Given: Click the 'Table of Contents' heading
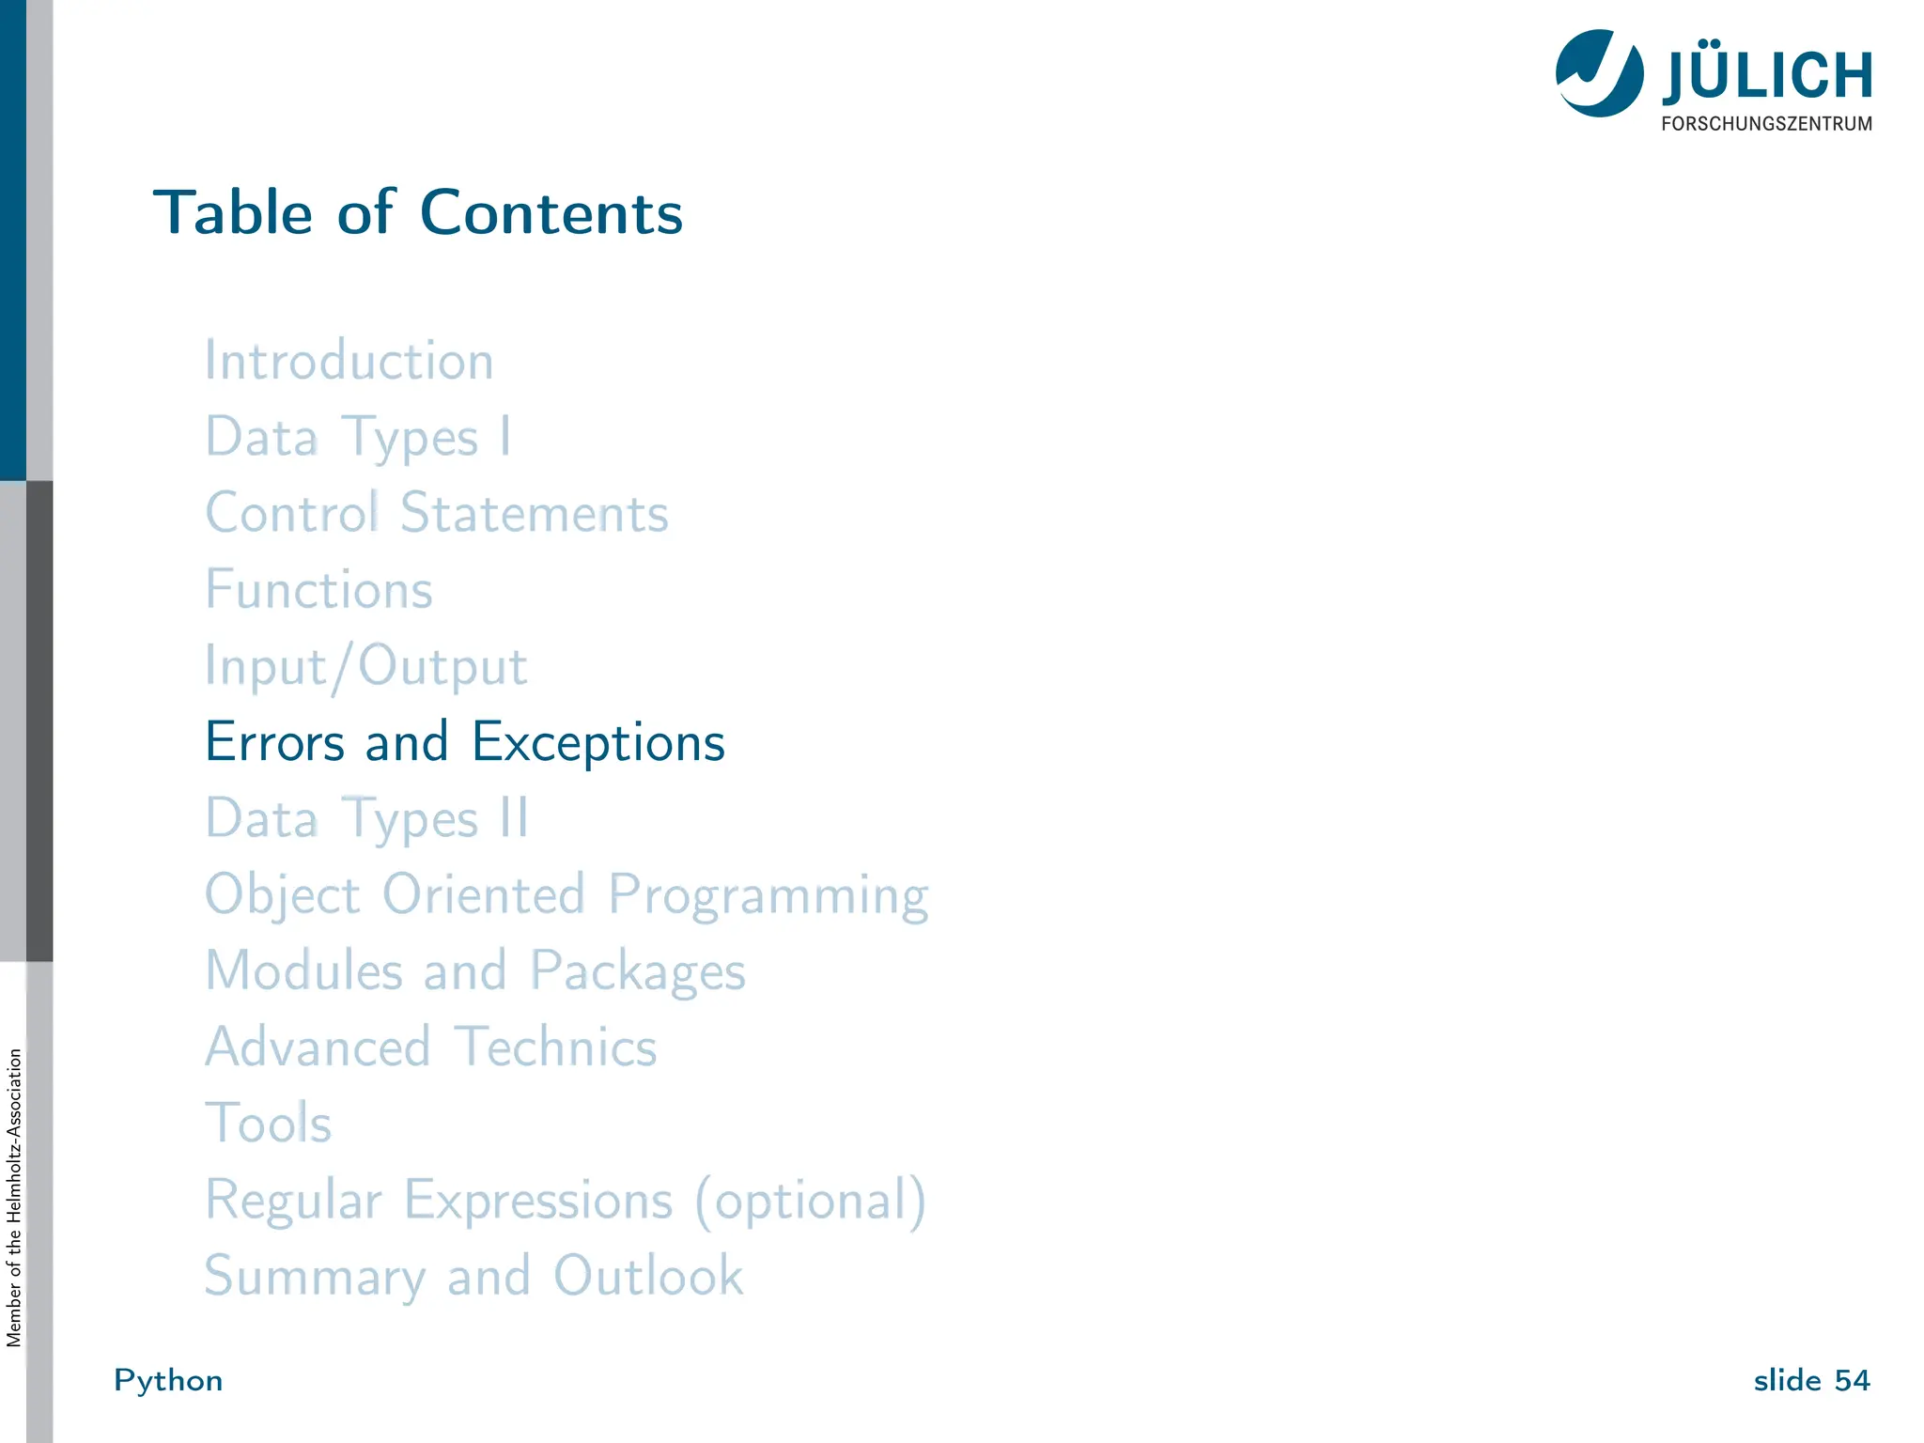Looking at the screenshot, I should click(x=418, y=212).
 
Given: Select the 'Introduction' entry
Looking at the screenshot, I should click(x=349, y=361).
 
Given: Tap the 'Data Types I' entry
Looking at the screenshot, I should click(x=358, y=437).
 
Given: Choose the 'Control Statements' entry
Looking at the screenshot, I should click(x=437, y=513).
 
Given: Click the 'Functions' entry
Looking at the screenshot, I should click(x=319, y=590).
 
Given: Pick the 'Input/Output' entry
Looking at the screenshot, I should click(x=366, y=666).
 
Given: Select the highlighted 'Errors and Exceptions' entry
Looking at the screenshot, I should click(x=465, y=742).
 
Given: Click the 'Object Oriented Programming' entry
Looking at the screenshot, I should click(x=566, y=894).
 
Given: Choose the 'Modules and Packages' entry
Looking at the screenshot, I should click(x=475, y=970).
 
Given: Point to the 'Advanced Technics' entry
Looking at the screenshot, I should click(x=431, y=1047).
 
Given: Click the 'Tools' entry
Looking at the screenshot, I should click(x=269, y=1123).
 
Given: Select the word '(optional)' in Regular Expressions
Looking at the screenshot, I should click(x=811, y=1200).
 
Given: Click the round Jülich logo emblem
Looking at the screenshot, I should click(x=1599, y=73).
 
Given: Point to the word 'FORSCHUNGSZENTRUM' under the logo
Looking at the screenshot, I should click(x=1766, y=124).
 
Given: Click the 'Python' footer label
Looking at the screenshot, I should click(x=168, y=1380).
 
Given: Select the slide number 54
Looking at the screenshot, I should click(x=1852, y=1380).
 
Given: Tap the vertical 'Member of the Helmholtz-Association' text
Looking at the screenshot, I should click(x=14, y=1197).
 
